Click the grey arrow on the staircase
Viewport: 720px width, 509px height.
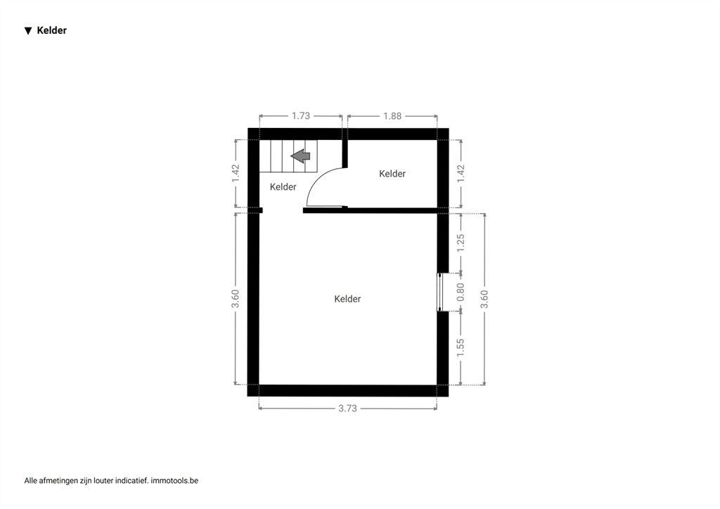coord(301,155)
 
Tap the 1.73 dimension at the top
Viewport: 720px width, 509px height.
coord(301,116)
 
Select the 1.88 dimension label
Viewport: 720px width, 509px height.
coord(392,116)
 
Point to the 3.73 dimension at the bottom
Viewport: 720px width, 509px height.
coord(347,408)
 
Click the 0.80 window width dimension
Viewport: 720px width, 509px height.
coord(461,292)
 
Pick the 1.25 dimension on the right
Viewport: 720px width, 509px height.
coord(461,243)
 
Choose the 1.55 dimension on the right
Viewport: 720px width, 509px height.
coord(461,348)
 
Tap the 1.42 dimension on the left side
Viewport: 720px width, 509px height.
coord(236,174)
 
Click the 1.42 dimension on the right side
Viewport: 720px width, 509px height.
coord(461,174)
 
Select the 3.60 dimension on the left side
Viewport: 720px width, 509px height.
coord(235,299)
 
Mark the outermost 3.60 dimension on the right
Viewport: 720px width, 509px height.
coord(484,299)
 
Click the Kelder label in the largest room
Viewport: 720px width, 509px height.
coord(347,299)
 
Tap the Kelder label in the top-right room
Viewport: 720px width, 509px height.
coord(392,174)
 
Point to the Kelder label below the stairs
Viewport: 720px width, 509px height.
coord(283,187)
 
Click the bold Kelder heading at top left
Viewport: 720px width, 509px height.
coord(52,30)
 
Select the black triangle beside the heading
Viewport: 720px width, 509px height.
coord(28,31)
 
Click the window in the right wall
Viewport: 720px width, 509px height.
coord(439,292)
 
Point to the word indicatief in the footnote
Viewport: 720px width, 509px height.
coord(131,481)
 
